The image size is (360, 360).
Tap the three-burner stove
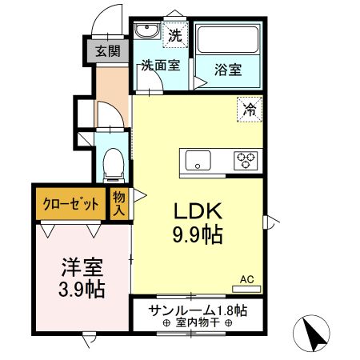click(245, 160)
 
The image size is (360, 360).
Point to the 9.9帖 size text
click(198, 236)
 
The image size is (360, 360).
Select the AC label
click(246, 279)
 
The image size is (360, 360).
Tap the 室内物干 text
click(196, 323)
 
